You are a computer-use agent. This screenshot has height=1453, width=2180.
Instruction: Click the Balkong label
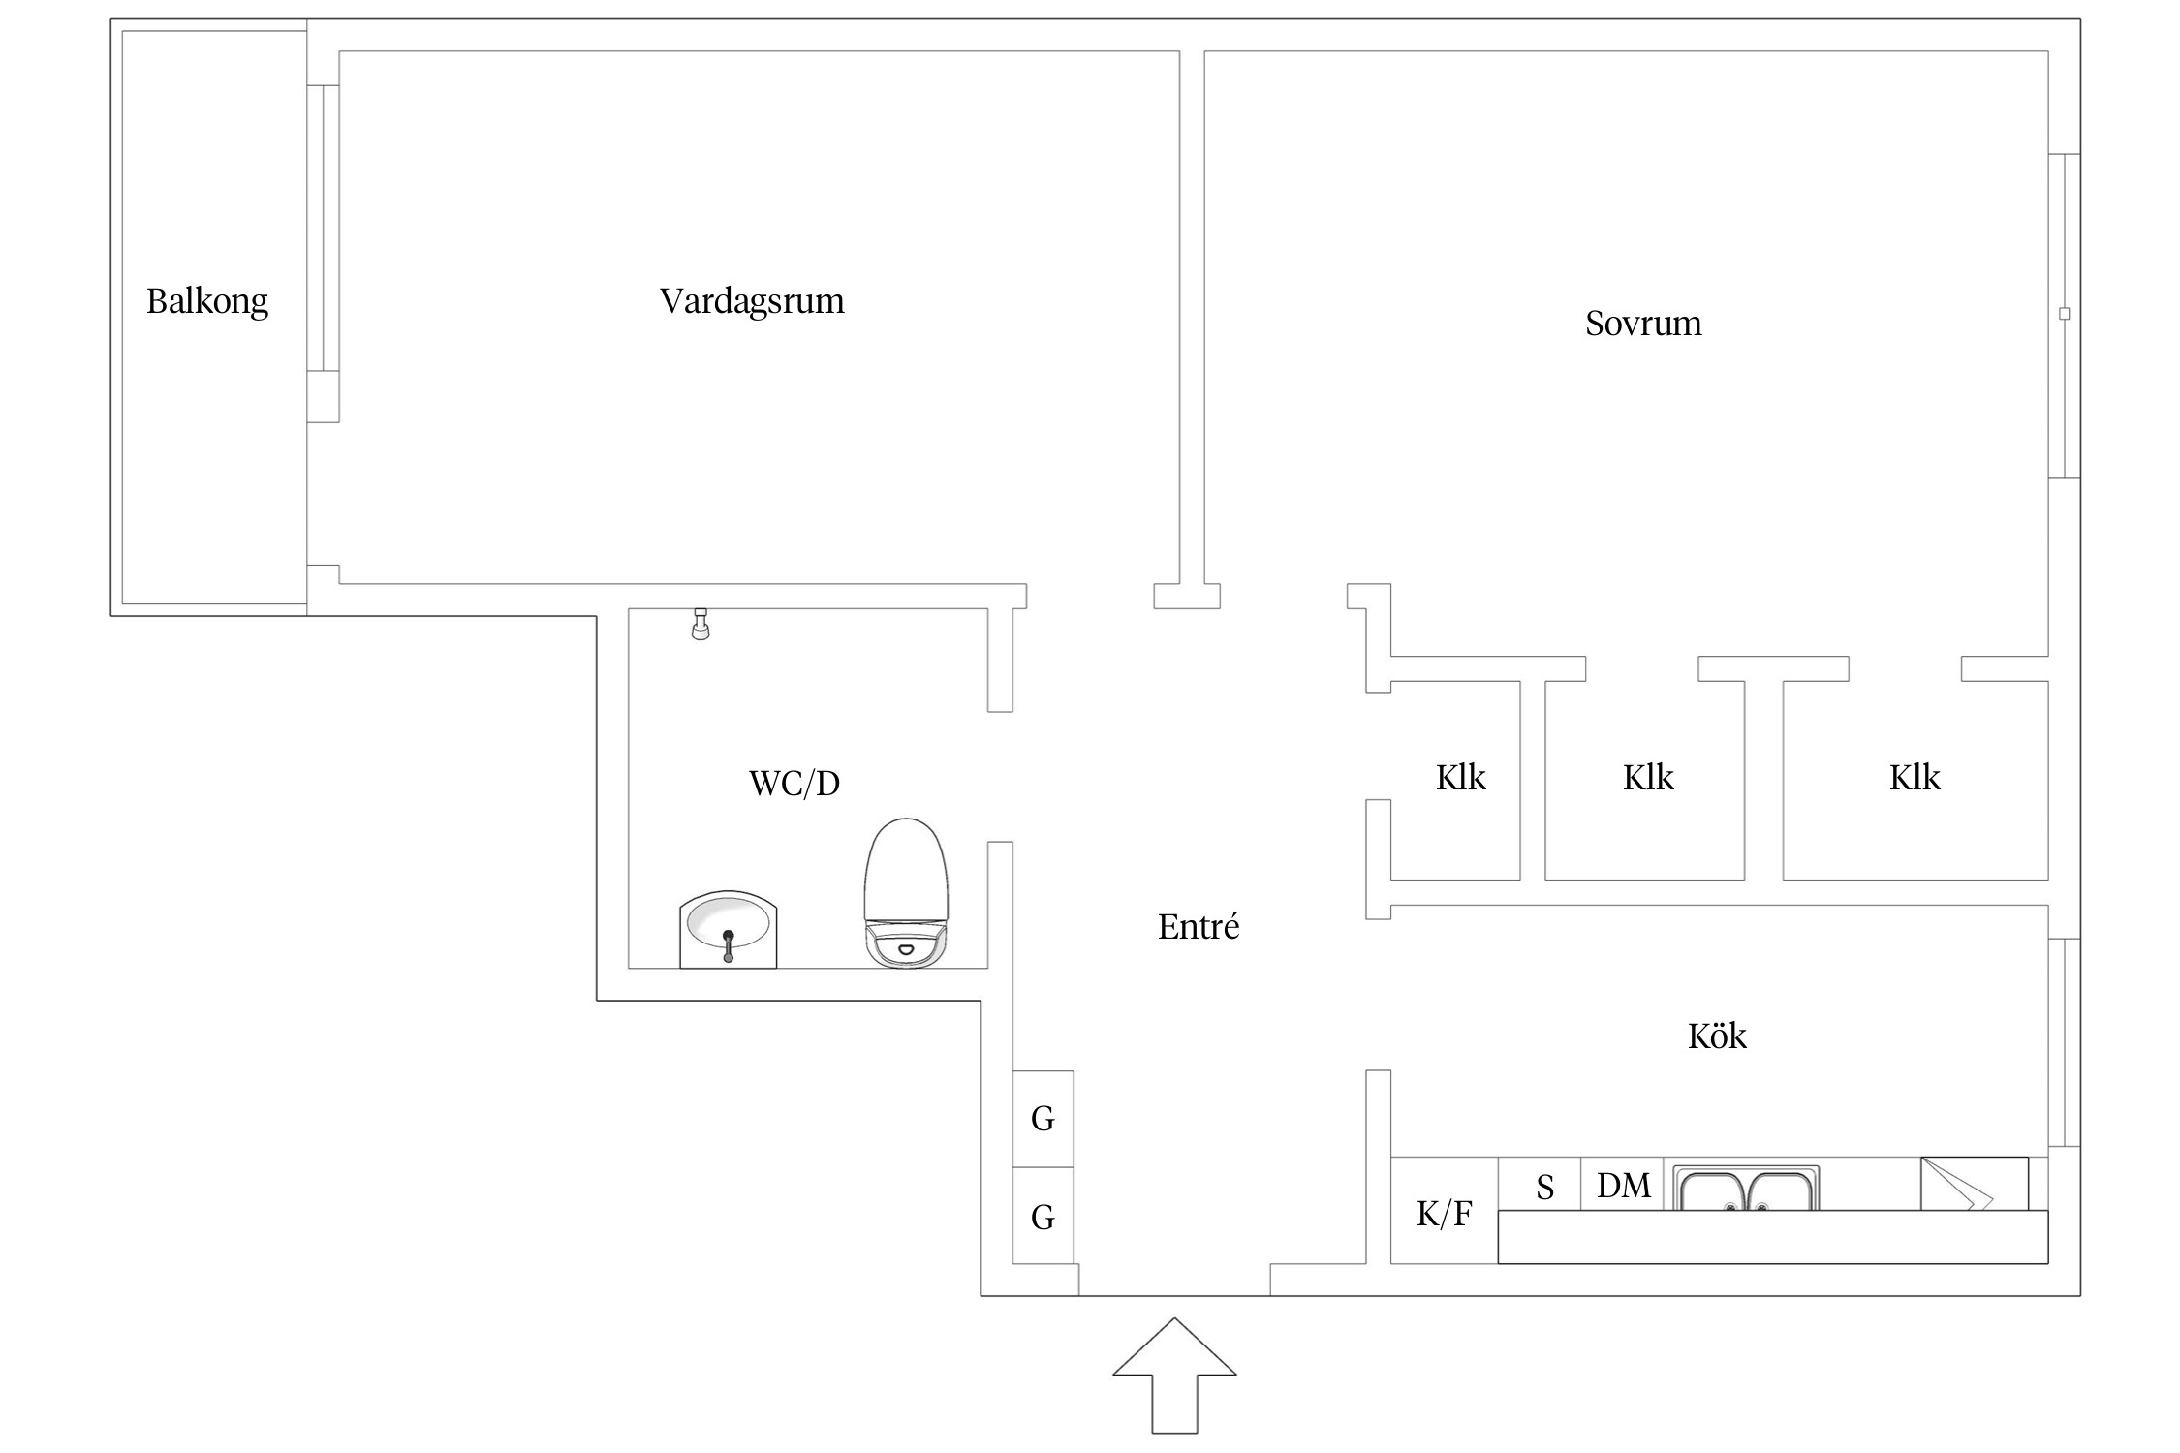coord(206,301)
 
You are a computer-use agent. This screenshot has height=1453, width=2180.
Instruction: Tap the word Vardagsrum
coord(752,301)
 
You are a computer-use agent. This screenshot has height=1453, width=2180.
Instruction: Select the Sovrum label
coord(1643,324)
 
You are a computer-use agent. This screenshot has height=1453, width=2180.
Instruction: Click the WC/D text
coord(794,783)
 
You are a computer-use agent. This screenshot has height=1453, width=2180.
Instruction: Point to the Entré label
coord(1199,927)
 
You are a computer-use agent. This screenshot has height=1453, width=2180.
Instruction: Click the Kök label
coord(1717,1036)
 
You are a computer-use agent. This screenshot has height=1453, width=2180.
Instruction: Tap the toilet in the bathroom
coord(905,892)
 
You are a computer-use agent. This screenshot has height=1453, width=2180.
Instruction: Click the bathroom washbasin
coord(728,929)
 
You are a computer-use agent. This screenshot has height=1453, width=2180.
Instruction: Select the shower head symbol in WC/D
coord(701,625)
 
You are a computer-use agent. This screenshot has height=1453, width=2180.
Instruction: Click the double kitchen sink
coord(1746,1190)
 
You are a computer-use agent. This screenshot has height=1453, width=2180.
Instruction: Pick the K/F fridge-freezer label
coord(1444,1214)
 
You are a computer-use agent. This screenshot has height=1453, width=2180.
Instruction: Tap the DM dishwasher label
coord(1623,1186)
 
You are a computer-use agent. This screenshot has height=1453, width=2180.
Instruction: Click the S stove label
coord(1544,1188)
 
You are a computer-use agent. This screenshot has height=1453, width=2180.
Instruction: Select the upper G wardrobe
coord(1043,1119)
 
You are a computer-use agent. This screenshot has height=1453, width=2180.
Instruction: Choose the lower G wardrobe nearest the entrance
coord(1043,1218)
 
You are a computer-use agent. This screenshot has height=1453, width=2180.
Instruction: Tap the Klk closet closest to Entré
coord(1460,778)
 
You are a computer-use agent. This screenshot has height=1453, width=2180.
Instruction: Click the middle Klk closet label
coord(1648,778)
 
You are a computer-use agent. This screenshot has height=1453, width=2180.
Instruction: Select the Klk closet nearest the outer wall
coord(1915,778)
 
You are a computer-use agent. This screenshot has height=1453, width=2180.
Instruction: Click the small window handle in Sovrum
coord(2064,314)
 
